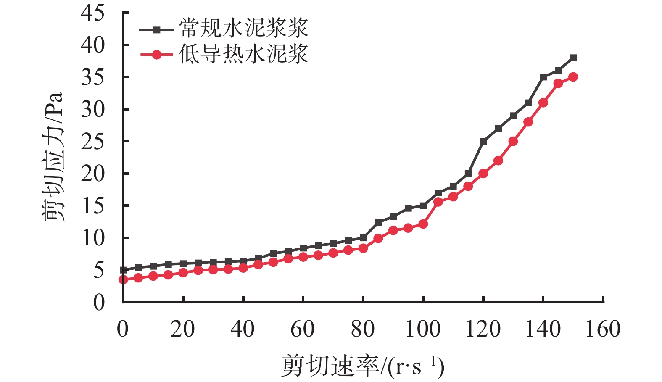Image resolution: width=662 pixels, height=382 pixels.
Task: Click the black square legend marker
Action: coord(156,30)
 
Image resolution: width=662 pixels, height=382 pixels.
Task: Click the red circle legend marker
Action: coord(156,55)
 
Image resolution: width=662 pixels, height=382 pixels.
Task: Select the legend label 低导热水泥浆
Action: coord(244,55)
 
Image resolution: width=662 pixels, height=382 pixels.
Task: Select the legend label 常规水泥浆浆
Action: coord(244,29)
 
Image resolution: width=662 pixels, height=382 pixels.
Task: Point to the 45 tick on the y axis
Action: coord(92,13)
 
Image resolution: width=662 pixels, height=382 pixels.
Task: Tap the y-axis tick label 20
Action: coord(92,174)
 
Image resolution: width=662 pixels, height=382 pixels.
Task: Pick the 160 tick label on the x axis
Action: coord(603,329)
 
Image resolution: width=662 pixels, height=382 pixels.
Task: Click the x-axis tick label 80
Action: coord(363,329)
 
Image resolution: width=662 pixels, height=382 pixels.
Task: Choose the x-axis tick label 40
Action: coord(243,329)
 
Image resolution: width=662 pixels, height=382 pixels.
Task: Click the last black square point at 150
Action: coord(573,58)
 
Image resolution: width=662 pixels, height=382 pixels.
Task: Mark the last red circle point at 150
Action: coord(573,77)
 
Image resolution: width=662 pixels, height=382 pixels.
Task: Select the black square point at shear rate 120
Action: coord(483,142)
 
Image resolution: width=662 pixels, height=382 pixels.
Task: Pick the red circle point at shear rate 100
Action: coord(423,224)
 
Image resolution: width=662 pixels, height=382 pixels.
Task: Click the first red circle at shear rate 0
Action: coord(123,279)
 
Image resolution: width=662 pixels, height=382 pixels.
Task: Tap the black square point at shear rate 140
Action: coord(543,77)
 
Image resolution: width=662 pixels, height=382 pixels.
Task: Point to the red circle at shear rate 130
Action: coord(513,141)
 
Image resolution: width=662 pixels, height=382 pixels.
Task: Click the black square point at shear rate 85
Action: coord(378,222)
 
